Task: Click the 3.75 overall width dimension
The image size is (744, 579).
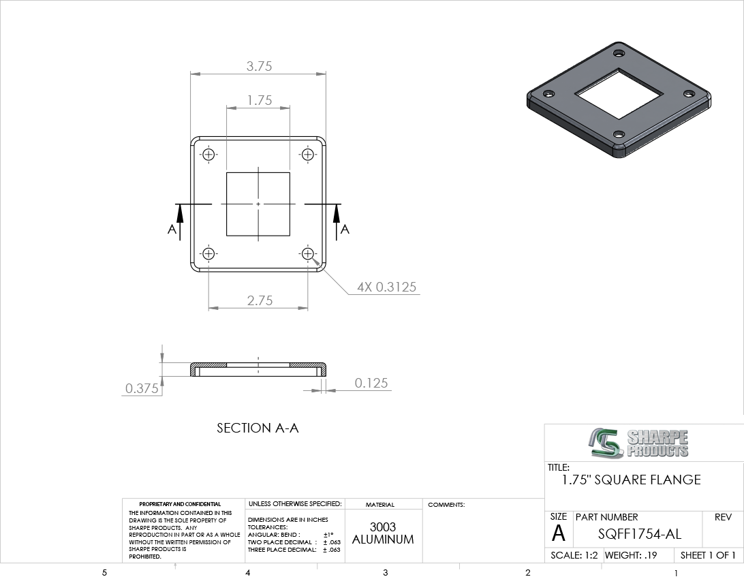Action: point(259,66)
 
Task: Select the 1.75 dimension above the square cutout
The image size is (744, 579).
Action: point(259,100)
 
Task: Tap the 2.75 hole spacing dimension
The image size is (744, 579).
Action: point(260,300)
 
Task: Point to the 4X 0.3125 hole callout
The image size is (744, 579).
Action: point(386,287)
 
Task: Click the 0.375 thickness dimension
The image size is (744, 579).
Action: point(142,388)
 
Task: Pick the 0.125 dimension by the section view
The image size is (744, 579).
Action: point(371,383)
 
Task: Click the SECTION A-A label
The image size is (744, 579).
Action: point(258,428)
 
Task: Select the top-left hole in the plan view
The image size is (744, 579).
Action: point(208,155)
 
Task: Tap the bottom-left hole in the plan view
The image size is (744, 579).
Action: point(208,253)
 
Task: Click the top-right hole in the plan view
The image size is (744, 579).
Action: point(307,155)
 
